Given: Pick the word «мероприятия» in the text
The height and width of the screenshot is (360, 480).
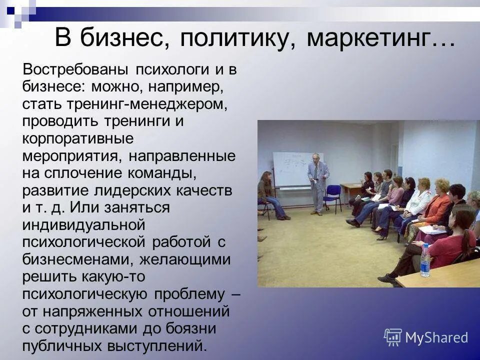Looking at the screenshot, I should click(70, 155).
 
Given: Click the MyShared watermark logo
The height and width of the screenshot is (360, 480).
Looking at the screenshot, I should click(426, 337).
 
